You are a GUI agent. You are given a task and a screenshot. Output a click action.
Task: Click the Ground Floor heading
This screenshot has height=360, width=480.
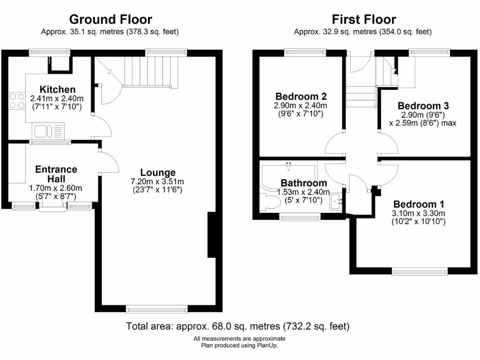tap(111, 19)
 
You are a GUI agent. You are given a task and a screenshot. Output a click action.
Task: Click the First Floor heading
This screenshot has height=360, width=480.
tap(364, 19)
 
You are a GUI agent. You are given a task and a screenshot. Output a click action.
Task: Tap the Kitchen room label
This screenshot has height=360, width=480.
tap(57, 89)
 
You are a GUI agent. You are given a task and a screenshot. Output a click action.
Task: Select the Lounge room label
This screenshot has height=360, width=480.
tap(157, 172)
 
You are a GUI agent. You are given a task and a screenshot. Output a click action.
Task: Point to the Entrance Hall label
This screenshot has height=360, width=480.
tap(56, 174)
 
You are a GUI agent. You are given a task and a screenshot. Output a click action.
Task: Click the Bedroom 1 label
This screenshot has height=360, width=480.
tap(419, 204)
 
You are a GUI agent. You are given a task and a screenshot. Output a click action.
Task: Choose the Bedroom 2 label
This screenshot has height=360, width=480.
tap(300, 97)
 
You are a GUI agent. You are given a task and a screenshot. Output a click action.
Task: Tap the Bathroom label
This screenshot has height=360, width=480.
tap(304, 183)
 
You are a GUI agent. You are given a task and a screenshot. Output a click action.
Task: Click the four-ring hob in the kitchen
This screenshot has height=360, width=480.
tap(17, 101)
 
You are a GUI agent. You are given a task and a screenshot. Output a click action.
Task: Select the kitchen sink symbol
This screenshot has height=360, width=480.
tap(49, 129)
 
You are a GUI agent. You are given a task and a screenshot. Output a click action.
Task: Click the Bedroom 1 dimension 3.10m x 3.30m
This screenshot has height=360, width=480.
tap(419, 213)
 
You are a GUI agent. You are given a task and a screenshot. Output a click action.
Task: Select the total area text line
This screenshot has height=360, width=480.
tap(238, 326)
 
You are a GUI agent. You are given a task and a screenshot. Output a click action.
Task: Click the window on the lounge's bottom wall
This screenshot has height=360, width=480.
tap(157, 308)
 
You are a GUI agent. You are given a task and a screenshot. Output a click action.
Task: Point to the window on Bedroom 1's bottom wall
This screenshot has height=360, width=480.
tap(420, 270)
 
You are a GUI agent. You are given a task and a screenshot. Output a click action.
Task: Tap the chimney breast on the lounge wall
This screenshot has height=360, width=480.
tap(211, 234)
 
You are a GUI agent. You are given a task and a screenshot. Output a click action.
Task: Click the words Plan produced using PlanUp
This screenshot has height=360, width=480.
tap(240, 345)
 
